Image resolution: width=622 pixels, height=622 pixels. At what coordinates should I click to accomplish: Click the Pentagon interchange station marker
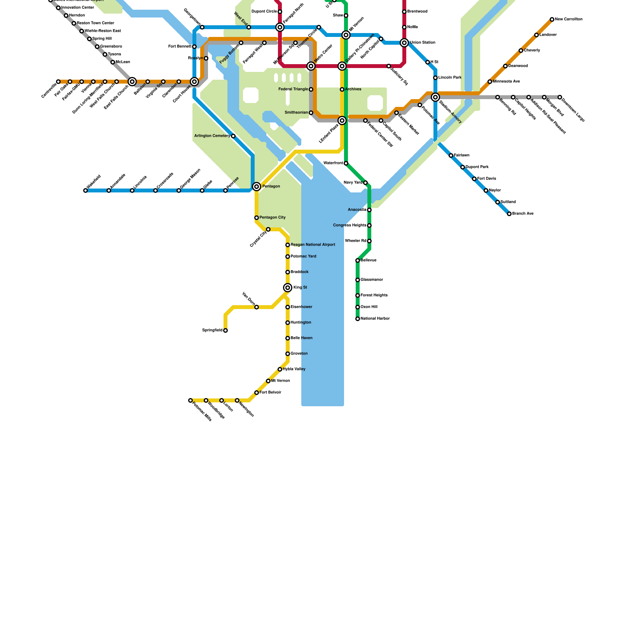(x=257, y=187)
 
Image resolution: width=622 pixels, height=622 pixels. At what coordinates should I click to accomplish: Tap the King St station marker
(x=288, y=288)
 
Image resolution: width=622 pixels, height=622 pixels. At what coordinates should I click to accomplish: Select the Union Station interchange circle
(x=404, y=43)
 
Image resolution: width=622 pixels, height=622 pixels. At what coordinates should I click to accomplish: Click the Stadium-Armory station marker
(x=435, y=97)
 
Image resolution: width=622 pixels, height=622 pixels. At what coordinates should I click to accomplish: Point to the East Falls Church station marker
(x=132, y=82)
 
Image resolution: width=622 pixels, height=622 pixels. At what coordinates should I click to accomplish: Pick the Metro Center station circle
(x=311, y=66)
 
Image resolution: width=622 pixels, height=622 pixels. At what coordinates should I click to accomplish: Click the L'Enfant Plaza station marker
(x=342, y=121)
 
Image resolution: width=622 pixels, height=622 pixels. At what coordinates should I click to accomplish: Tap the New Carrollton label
(x=568, y=19)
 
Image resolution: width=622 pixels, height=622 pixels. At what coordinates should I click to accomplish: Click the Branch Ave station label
(x=523, y=214)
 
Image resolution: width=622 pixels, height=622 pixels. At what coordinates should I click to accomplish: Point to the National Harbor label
(x=375, y=319)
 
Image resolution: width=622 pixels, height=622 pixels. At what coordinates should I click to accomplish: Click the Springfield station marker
(x=225, y=330)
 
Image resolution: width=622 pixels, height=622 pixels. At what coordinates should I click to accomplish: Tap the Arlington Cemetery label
(x=212, y=136)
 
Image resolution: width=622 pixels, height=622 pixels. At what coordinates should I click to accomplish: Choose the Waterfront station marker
(x=346, y=163)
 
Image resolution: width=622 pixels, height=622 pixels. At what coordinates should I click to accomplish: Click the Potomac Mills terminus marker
(x=190, y=400)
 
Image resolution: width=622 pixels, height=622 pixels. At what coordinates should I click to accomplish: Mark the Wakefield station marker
(x=86, y=190)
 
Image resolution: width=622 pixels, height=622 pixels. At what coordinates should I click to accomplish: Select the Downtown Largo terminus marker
(x=560, y=97)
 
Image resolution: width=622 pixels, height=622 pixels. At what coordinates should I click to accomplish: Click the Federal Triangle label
(x=293, y=89)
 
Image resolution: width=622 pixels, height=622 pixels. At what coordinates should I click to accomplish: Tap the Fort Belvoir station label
(x=270, y=393)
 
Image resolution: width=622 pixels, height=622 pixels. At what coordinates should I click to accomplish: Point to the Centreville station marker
(x=58, y=82)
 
